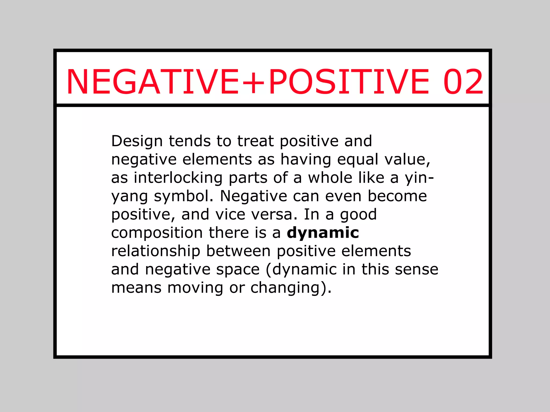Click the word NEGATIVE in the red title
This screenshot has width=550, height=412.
pyautogui.click(x=153, y=82)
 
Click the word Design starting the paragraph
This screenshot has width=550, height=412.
pyautogui.click(x=137, y=141)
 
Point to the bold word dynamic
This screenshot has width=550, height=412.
pyautogui.click(x=323, y=233)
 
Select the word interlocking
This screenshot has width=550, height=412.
pyautogui.click(x=178, y=178)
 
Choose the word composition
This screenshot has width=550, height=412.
pyautogui.click(x=157, y=233)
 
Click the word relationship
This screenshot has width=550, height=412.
pyautogui.click(x=156, y=251)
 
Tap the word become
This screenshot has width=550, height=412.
pyautogui.click(x=397, y=196)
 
